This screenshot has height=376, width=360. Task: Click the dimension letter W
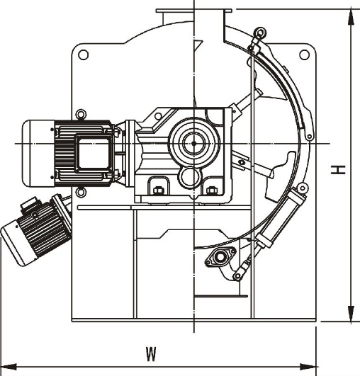[152, 354]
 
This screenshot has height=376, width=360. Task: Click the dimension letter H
[338, 169]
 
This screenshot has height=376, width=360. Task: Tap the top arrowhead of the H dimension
[351, 17]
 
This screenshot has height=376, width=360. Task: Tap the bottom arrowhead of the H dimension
[351, 314]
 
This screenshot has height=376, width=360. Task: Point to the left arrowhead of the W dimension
[9, 367]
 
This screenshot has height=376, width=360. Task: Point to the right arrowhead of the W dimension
[309, 367]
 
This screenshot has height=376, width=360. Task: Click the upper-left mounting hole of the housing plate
[84, 55]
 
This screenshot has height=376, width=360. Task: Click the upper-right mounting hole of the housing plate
[304, 55]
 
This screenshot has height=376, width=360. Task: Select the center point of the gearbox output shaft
[194, 144]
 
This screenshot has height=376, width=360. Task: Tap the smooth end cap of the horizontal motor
[38, 154]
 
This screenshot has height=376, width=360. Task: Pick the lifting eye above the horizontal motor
[81, 114]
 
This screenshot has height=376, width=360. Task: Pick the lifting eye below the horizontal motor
[81, 192]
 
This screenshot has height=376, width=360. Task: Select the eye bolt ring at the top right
[260, 33]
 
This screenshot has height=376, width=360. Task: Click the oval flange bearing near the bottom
[220, 257]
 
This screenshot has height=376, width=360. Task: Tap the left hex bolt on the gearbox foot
[157, 190]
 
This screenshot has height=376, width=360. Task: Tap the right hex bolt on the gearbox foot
[211, 190]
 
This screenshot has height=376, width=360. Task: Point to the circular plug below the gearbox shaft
[191, 178]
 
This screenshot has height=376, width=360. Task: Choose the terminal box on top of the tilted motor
[29, 204]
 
